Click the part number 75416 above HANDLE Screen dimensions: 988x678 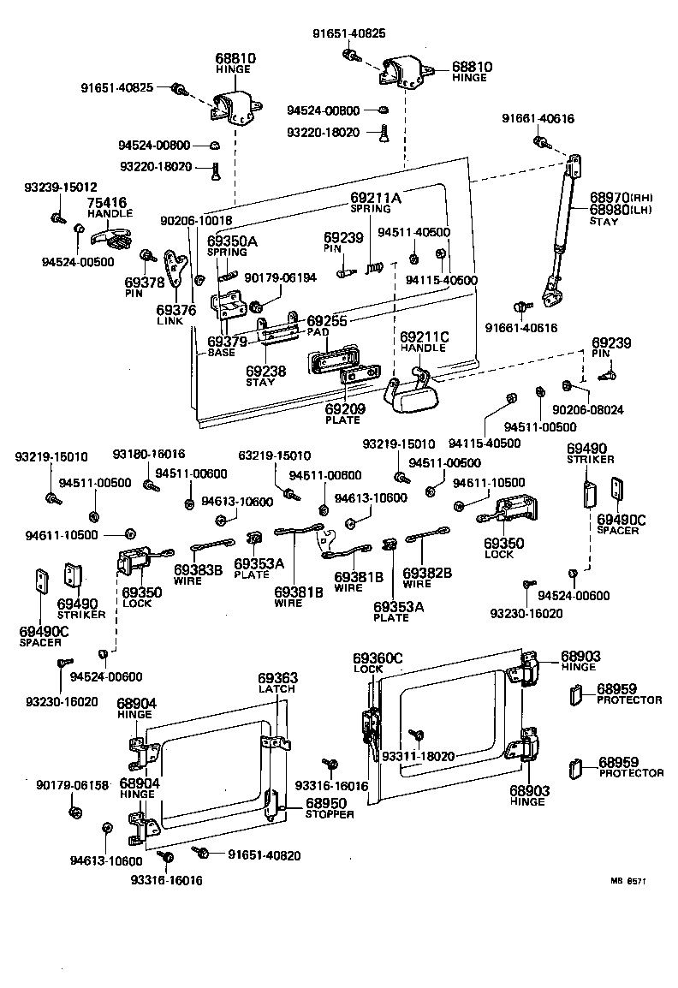pyautogui.click(x=107, y=203)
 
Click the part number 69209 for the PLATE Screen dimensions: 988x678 pyautogui.click(x=345, y=409)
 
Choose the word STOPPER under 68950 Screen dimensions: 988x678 pyautogui.click(x=330, y=814)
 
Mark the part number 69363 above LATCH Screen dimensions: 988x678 pyautogui.click(x=278, y=677)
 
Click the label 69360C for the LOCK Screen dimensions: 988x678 pyautogui.click(x=378, y=658)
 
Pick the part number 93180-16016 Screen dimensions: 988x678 pyautogui.click(x=149, y=454)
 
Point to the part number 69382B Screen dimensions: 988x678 pyautogui.click(x=427, y=572)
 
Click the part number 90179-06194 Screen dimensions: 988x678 pyautogui.click(x=280, y=277)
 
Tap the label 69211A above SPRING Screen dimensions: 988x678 pyautogui.click(x=375, y=198)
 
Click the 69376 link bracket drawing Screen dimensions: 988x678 pyautogui.click(x=178, y=273)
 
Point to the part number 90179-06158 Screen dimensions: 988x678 pyautogui.click(x=73, y=784)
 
